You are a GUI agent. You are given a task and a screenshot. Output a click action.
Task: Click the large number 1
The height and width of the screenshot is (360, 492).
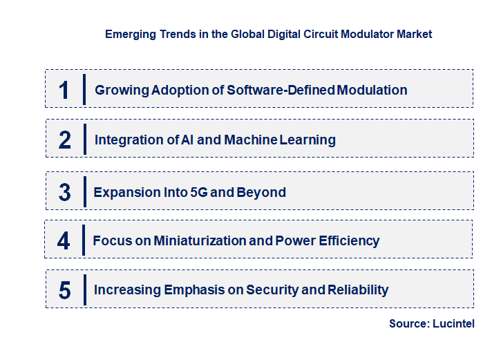tap(64, 90)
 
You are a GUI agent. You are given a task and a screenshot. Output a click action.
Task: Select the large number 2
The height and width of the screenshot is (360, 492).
tap(64, 140)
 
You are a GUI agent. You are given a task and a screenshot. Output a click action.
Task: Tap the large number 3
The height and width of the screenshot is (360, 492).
tap(64, 192)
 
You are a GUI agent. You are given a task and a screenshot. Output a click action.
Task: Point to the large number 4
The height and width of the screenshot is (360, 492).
tap(64, 240)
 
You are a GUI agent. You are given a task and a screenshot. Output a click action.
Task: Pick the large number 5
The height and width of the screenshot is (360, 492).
tap(64, 290)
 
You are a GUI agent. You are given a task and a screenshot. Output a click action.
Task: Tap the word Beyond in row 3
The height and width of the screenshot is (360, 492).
tap(261, 192)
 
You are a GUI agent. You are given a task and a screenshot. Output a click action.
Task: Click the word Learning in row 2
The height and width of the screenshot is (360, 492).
tap(307, 140)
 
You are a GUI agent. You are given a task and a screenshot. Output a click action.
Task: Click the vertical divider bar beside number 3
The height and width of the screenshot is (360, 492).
tap(84, 191)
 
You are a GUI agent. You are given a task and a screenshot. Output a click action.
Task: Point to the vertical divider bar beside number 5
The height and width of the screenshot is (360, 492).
tap(84, 289)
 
